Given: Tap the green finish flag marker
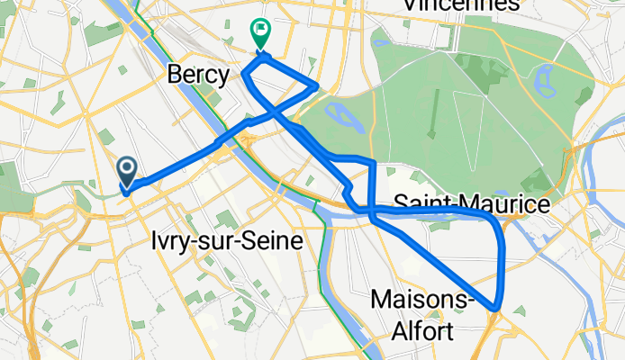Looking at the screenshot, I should point(260,34).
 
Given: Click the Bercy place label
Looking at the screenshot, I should point(198,75).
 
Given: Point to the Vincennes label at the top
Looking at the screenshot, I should point(461,5).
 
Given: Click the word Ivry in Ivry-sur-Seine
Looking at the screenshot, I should point(166,242).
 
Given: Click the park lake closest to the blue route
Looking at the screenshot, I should point(337,113).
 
